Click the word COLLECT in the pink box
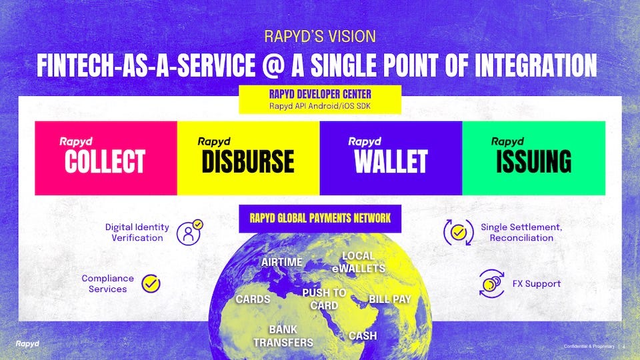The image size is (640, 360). pyautogui.click(x=105, y=161)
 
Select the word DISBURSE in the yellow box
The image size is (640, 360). pyautogui.click(x=247, y=161)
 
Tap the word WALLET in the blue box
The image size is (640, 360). pyautogui.click(x=391, y=161)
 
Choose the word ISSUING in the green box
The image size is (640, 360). pyautogui.click(x=533, y=161)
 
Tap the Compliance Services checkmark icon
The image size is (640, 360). pyautogui.click(x=151, y=284)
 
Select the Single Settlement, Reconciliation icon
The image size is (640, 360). pyautogui.click(x=458, y=232)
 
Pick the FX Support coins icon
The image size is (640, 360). pyautogui.click(x=492, y=284)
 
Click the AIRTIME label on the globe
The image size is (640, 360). pyautogui.click(x=282, y=262)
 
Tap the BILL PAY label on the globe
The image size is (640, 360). pyautogui.click(x=390, y=299)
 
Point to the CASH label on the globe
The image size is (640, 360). pyautogui.click(x=363, y=336)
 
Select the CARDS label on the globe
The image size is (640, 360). pyautogui.click(x=253, y=299)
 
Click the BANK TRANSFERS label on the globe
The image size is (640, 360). pyautogui.click(x=283, y=336)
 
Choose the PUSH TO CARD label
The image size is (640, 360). pyautogui.click(x=324, y=299)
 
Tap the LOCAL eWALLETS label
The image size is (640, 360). pyautogui.click(x=359, y=262)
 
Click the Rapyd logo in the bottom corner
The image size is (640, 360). pyautogui.click(x=27, y=343)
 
